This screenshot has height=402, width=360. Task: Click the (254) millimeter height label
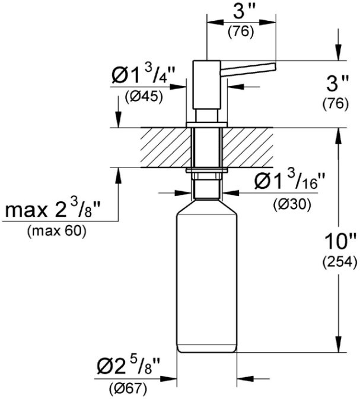[x=339, y=262]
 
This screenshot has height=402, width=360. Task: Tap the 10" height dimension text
[x=340, y=241]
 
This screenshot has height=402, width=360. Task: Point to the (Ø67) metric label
[x=128, y=389]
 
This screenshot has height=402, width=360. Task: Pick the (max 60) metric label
[x=57, y=232]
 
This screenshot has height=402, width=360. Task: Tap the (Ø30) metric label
[x=292, y=204]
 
